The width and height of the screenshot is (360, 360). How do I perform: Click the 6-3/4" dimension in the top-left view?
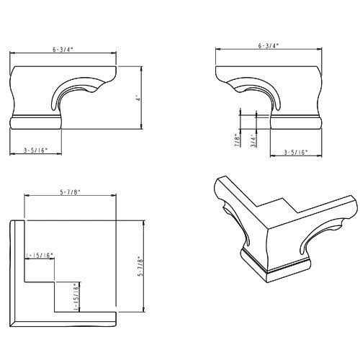(63, 50)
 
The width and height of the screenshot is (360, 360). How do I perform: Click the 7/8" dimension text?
(237, 139)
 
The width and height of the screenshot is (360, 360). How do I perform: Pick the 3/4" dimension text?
(252, 139)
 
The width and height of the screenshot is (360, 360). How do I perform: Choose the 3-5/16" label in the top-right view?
(295, 152)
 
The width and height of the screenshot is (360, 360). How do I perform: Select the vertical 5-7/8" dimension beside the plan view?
(141, 264)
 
